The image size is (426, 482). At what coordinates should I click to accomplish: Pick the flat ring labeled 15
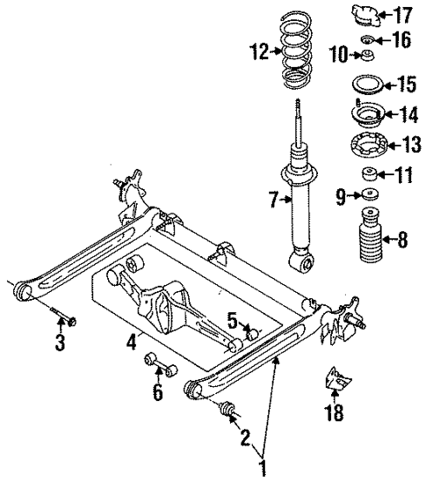point(368,85)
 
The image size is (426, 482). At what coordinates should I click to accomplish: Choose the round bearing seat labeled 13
point(369,144)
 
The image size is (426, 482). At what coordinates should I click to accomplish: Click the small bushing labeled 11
point(370,175)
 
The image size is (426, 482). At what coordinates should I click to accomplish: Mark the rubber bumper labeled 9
point(370,196)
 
